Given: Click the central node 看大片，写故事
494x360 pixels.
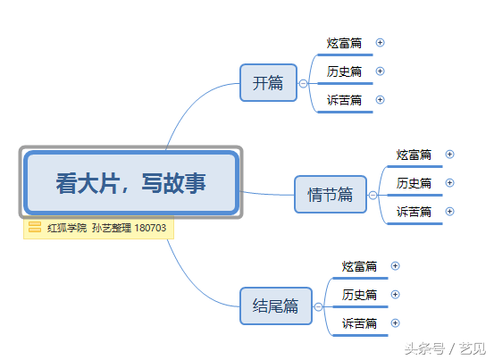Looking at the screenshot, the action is click(131, 183).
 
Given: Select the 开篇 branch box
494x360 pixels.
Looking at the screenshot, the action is click(268, 83).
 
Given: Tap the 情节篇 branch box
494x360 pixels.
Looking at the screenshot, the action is click(331, 195).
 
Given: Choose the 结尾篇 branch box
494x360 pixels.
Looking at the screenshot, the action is click(276, 306).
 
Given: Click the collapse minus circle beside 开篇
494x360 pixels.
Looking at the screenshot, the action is click(303, 83).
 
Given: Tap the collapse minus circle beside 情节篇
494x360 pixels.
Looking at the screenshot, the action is click(373, 196).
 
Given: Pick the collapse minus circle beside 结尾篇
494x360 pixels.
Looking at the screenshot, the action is click(319, 306).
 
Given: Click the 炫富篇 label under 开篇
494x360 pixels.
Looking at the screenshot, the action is click(344, 43).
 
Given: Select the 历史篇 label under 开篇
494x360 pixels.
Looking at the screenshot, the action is click(344, 71).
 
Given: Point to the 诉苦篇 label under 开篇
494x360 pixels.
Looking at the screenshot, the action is click(344, 100).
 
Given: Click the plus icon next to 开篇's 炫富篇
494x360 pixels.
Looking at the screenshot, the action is click(380, 43).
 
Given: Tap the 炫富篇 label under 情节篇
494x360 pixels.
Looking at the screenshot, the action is click(414, 155).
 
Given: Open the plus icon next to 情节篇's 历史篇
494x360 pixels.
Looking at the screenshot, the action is click(449, 182).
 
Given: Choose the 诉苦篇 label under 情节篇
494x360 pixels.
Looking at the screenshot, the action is click(414, 213).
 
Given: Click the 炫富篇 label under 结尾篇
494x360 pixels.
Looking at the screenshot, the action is click(359, 266).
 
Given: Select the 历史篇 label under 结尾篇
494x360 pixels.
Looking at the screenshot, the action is click(359, 295).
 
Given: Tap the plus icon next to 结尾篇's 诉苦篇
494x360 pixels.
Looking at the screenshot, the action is click(396, 323).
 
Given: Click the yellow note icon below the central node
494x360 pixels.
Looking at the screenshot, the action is click(35, 227).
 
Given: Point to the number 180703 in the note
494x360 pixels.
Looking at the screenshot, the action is click(150, 228).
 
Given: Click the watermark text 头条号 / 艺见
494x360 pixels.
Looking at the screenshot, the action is click(445, 348).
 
